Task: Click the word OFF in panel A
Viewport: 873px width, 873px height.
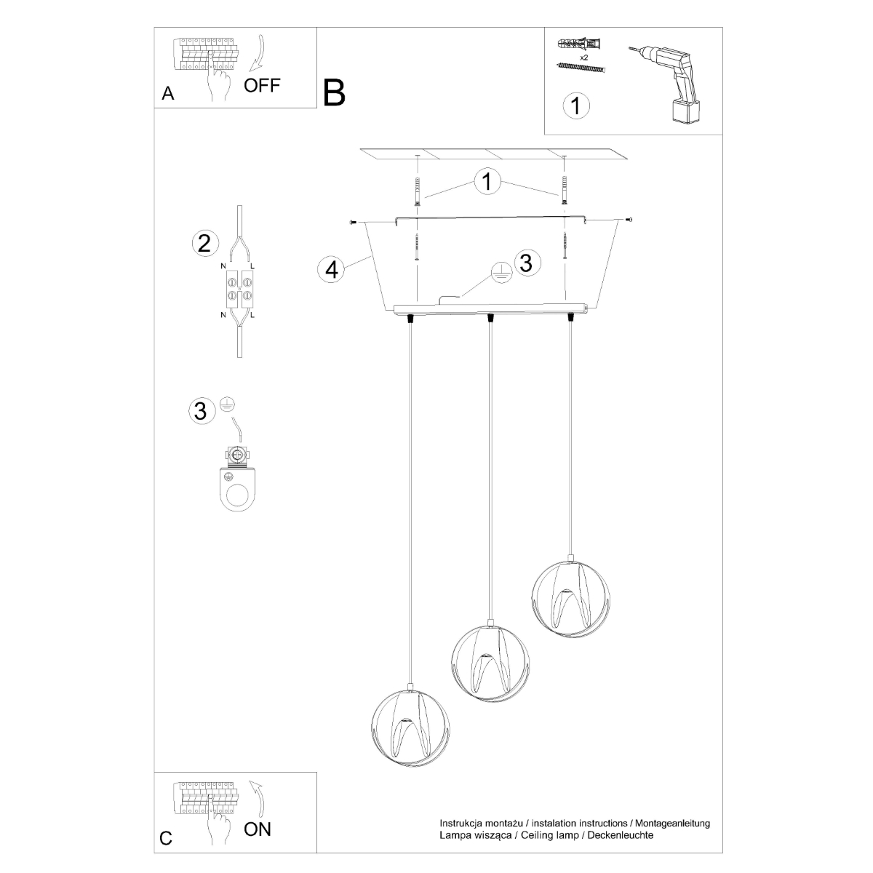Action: click(261, 85)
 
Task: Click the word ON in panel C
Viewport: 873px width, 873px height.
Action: click(258, 829)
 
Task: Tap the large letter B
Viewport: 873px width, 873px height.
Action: click(334, 93)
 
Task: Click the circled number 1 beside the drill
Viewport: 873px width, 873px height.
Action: click(575, 105)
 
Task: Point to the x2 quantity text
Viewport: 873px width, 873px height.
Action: click(583, 56)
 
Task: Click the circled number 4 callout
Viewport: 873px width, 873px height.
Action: click(331, 269)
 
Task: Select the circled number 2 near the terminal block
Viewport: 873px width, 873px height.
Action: click(204, 242)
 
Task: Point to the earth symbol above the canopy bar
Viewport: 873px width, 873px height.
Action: click(499, 271)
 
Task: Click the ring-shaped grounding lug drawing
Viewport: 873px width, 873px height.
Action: click(237, 485)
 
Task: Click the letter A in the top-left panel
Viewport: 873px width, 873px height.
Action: click(168, 94)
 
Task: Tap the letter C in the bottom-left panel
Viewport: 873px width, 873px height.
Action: click(166, 839)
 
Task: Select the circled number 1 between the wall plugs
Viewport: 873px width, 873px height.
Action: click(487, 182)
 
